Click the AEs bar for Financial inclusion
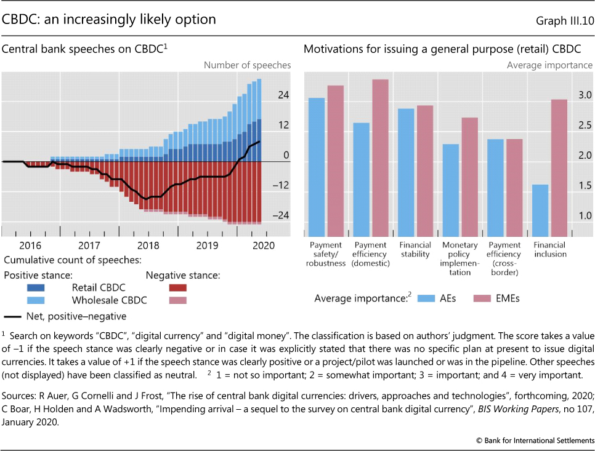click(x=540, y=210)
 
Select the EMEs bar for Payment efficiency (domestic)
click(x=380, y=158)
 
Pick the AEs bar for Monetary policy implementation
click(x=451, y=190)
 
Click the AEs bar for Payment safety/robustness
click(x=316, y=167)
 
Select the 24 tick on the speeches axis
click(x=283, y=95)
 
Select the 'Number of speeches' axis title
click(x=247, y=65)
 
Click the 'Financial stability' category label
click(x=415, y=250)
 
